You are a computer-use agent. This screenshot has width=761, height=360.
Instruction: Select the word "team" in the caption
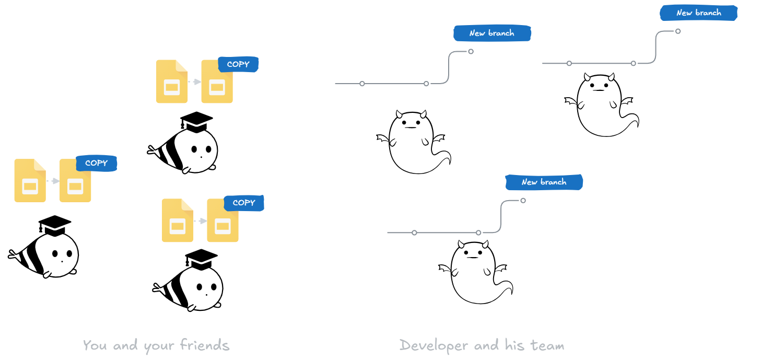click(547, 345)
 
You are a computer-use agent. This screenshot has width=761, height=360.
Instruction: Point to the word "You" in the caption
click(95, 345)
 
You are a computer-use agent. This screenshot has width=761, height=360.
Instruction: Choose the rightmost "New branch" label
click(698, 13)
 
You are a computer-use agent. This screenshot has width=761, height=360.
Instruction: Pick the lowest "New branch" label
click(544, 182)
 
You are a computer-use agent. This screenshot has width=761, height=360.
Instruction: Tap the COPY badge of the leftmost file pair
click(96, 163)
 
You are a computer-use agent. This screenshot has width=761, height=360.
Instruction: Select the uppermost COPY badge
click(238, 64)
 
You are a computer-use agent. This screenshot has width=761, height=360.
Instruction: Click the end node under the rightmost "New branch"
click(677, 31)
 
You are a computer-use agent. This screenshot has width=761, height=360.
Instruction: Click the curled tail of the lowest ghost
click(507, 287)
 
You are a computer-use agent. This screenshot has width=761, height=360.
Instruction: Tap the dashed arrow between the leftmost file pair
click(53, 181)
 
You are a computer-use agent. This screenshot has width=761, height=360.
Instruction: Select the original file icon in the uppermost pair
click(172, 82)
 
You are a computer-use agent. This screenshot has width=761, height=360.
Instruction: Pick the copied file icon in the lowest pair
click(223, 220)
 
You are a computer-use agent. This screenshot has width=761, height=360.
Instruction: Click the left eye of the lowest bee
click(199, 287)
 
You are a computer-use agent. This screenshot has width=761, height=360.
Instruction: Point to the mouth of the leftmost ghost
click(412, 127)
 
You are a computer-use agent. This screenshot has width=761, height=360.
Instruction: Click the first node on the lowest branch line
click(414, 233)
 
